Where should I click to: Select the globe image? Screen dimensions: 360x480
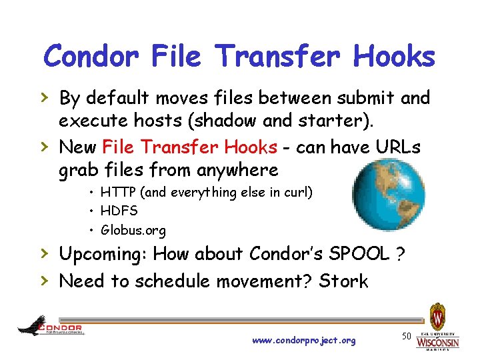[x=388, y=194]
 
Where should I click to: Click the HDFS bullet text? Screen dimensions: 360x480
[x=119, y=211]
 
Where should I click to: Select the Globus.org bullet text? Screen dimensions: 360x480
[x=133, y=231]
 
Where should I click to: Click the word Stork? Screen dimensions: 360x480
[x=343, y=281]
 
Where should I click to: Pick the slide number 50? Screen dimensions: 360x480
[x=405, y=335]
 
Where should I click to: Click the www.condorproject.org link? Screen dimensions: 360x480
[x=304, y=341]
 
